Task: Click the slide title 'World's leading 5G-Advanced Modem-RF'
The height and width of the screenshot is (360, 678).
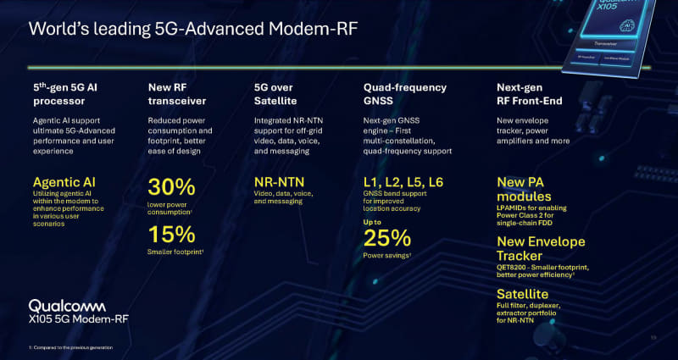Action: pyautogui.click(x=192, y=30)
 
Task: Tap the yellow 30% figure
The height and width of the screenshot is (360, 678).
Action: pyautogui.click(x=173, y=188)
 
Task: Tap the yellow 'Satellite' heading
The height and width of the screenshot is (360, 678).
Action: pyautogui.click(x=524, y=294)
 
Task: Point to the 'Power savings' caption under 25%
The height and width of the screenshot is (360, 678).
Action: pyautogui.click(x=386, y=255)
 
